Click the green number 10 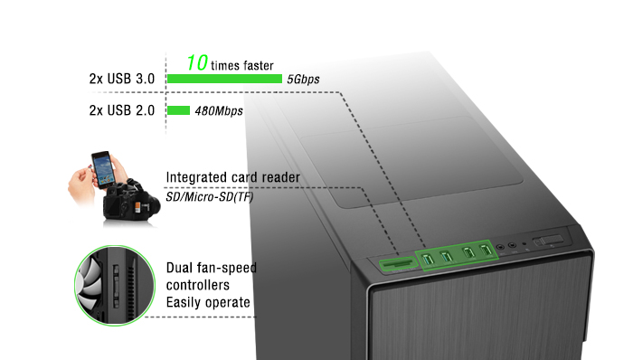coord(197,63)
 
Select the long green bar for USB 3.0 coord(224,79)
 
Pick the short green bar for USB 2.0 coord(178,110)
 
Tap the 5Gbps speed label coord(303,79)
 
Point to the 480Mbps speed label coord(219,111)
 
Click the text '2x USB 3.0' coord(122,79)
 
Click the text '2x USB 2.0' coord(122,110)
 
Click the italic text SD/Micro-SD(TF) coord(210,197)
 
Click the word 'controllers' coord(198,285)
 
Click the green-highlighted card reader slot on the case coord(397,264)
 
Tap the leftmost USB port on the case coord(429,259)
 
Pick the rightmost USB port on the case coord(486,251)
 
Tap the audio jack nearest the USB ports coord(501,247)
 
